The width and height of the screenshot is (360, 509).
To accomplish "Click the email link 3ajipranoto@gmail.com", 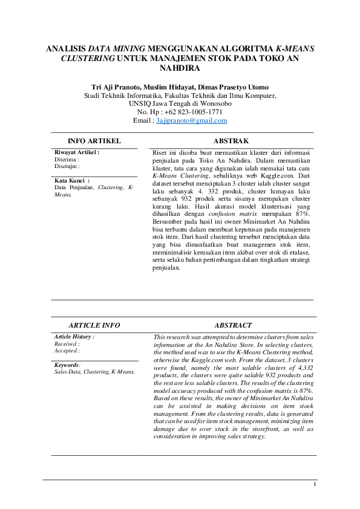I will pyautogui.click(x=191, y=121).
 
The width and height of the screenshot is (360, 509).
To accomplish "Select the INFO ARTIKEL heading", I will pyautogui.click(x=94, y=141).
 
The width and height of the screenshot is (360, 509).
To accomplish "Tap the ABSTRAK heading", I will pyautogui.click(x=231, y=141).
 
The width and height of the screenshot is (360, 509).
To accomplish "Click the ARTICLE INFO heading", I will pyautogui.click(x=94, y=325).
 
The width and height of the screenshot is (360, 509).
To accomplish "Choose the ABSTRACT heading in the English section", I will pyautogui.click(x=233, y=325).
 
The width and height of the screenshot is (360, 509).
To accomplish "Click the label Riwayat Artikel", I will pyautogui.click(x=76, y=153).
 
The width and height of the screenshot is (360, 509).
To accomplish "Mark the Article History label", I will pyautogui.click(x=74, y=337).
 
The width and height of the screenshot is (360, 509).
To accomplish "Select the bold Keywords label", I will pyautogui.click(x=67, y=365).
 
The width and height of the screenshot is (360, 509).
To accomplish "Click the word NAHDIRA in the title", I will pyautogui.click(x=180, y=68).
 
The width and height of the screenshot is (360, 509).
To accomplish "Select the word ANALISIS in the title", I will pyautogui.click(x=66, y=48).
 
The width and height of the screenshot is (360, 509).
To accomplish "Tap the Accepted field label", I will pyautogui.click(x=66, y=350).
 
